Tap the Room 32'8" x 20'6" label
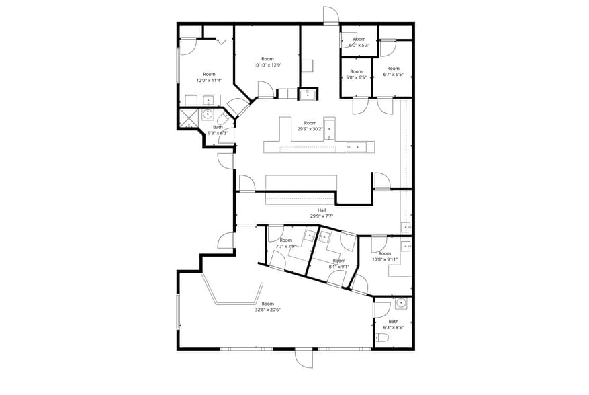coord(268,307)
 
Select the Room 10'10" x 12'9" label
coord(267,62)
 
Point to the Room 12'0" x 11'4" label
coord(209,77)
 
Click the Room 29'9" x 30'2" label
coord(310,126)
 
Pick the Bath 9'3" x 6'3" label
coord(218,130)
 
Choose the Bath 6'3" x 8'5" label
coord(393,324)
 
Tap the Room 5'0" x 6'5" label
coord(356,74)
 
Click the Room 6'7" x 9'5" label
coord(393,71)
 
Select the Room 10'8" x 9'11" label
coord(384,256)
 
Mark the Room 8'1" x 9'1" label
coord(338,263)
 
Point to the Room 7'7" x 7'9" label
coord(286,243)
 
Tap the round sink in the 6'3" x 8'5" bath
coord(401,302)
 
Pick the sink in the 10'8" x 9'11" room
coord(406,245)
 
